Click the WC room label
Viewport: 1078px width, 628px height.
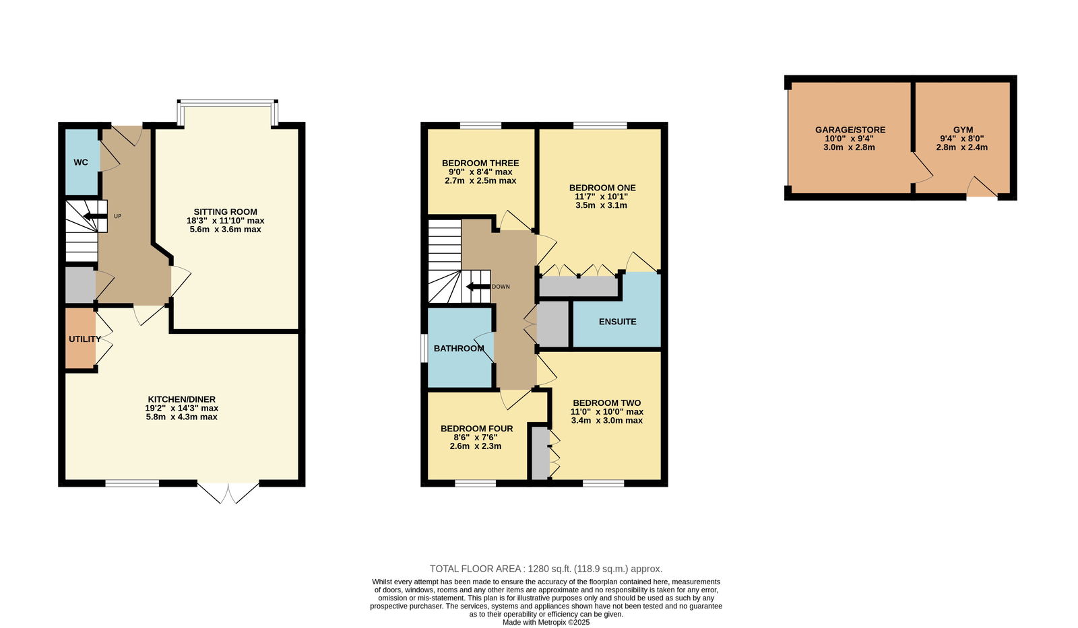(x=81, y=162)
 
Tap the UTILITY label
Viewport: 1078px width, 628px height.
(x=85, y=339)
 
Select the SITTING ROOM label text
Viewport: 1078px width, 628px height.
(x=225, y=211)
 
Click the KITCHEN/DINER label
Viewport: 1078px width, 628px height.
(x=181, y=399)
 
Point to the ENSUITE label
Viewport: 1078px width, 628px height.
(x=617, y=322)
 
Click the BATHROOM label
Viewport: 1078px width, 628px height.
(x=459, y=348)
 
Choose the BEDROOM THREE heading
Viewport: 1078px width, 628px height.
(x=480, y=163)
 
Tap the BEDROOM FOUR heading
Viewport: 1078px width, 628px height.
(x=476, y=429)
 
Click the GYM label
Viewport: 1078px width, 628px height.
(x=963, y=130)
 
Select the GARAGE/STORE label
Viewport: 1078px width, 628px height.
(x=850, y=130)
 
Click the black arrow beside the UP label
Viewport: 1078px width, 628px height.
(x=95, y=216)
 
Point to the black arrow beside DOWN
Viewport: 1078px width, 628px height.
(x=478, y=287)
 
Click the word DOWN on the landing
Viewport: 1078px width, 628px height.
(x=501, y=287)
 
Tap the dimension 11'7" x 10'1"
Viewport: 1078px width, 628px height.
(x=601, y=197)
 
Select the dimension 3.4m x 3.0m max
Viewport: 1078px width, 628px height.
(x=606, y=420)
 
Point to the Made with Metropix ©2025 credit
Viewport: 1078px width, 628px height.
(x=546, y=622)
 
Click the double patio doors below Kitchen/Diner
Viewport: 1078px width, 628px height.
(x=228, y=492)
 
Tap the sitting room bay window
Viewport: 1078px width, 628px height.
(x=227, y=112)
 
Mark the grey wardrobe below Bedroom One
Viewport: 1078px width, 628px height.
(x=578, y=287)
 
